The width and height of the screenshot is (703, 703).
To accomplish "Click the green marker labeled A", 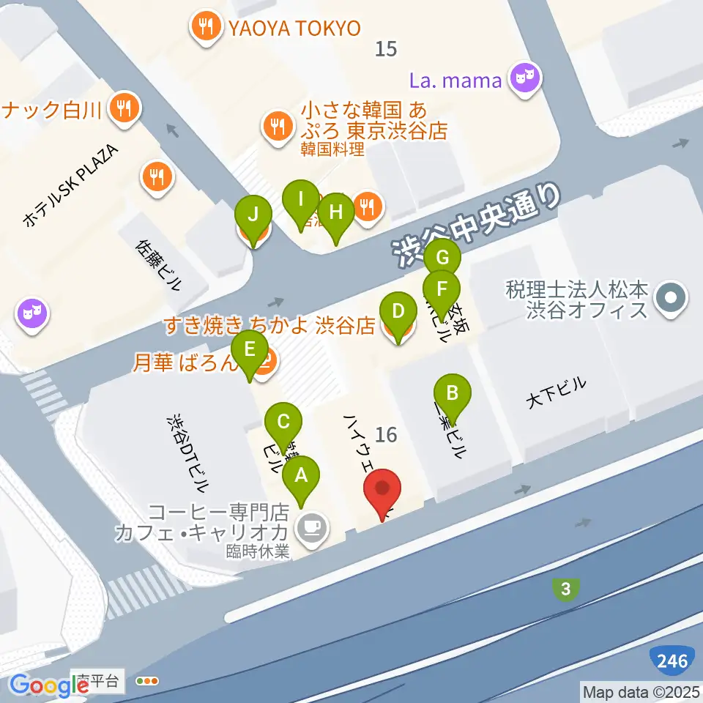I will click(300, 480).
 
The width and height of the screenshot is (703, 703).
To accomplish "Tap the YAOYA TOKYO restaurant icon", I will click(204, 28).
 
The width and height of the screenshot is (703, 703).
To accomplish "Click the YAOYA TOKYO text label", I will click(294, 29).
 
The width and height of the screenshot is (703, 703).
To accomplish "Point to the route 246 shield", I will click(672, 661).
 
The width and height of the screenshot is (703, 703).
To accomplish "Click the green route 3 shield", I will click(565, 589).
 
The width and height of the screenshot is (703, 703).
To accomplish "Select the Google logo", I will click(49, 685).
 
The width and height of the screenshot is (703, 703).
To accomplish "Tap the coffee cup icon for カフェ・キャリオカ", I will click(313, 527).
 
